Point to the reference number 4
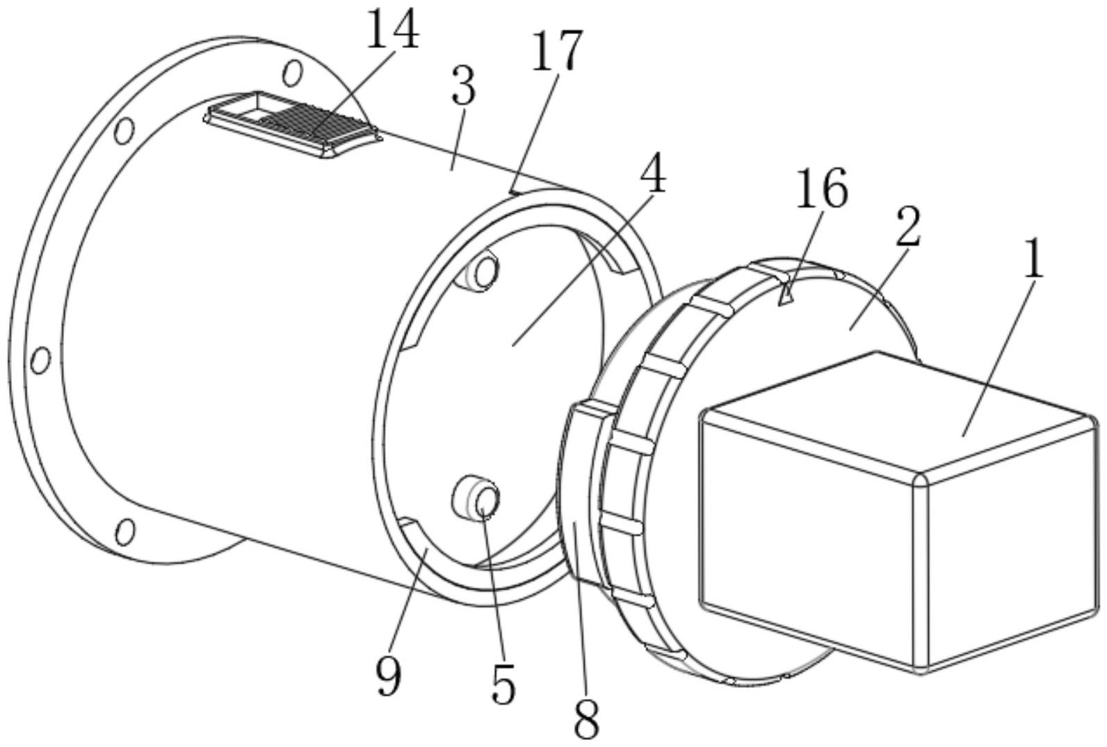[x=652, y=170]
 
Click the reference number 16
[x=821, y=188]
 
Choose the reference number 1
[x=1035, y=261]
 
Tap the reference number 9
[x=389, y=675]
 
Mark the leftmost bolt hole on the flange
[x=40, y=360]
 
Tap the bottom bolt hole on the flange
[x=124, y=532]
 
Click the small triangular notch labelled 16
[x=784, y=297]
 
